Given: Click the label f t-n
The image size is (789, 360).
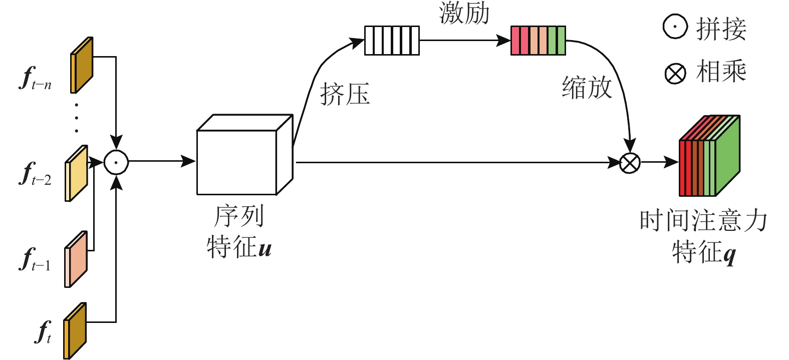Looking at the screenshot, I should [x=36, y=79].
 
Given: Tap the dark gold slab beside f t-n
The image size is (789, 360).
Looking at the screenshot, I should [x=82, y=65].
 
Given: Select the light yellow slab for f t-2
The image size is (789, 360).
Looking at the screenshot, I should [x=77, y=173].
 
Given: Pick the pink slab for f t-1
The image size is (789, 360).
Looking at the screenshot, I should [x=76, y=259].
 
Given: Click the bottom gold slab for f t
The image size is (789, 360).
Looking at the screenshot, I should [x=75, y=330].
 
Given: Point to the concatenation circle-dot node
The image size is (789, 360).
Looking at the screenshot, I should [x=116, y=162].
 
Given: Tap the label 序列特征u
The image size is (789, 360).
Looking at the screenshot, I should [x=239, y=232].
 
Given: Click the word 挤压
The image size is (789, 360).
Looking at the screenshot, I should [x=345, y=94].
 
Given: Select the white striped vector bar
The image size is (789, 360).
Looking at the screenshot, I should [x=392, y=41].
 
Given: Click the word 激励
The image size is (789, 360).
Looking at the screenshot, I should [x=464, y=13].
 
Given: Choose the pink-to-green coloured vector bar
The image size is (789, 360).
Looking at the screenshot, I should [x=538, y=41].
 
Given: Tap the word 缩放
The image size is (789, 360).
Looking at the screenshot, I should [x=587, y=88].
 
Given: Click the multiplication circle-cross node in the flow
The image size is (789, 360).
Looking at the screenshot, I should [x=630, y=162].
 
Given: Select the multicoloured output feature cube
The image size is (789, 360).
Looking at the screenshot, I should [x=709, y=156].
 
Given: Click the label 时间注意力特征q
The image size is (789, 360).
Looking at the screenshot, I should [x=703, y=236].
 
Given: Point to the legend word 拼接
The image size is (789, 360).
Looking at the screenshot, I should [x=721, y=29].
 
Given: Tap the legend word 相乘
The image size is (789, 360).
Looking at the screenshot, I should [x=721, y=72].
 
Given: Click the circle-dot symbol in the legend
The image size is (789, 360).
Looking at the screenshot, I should [x=675, y=27].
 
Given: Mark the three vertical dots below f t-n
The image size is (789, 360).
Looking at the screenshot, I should [x=77, y=118].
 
